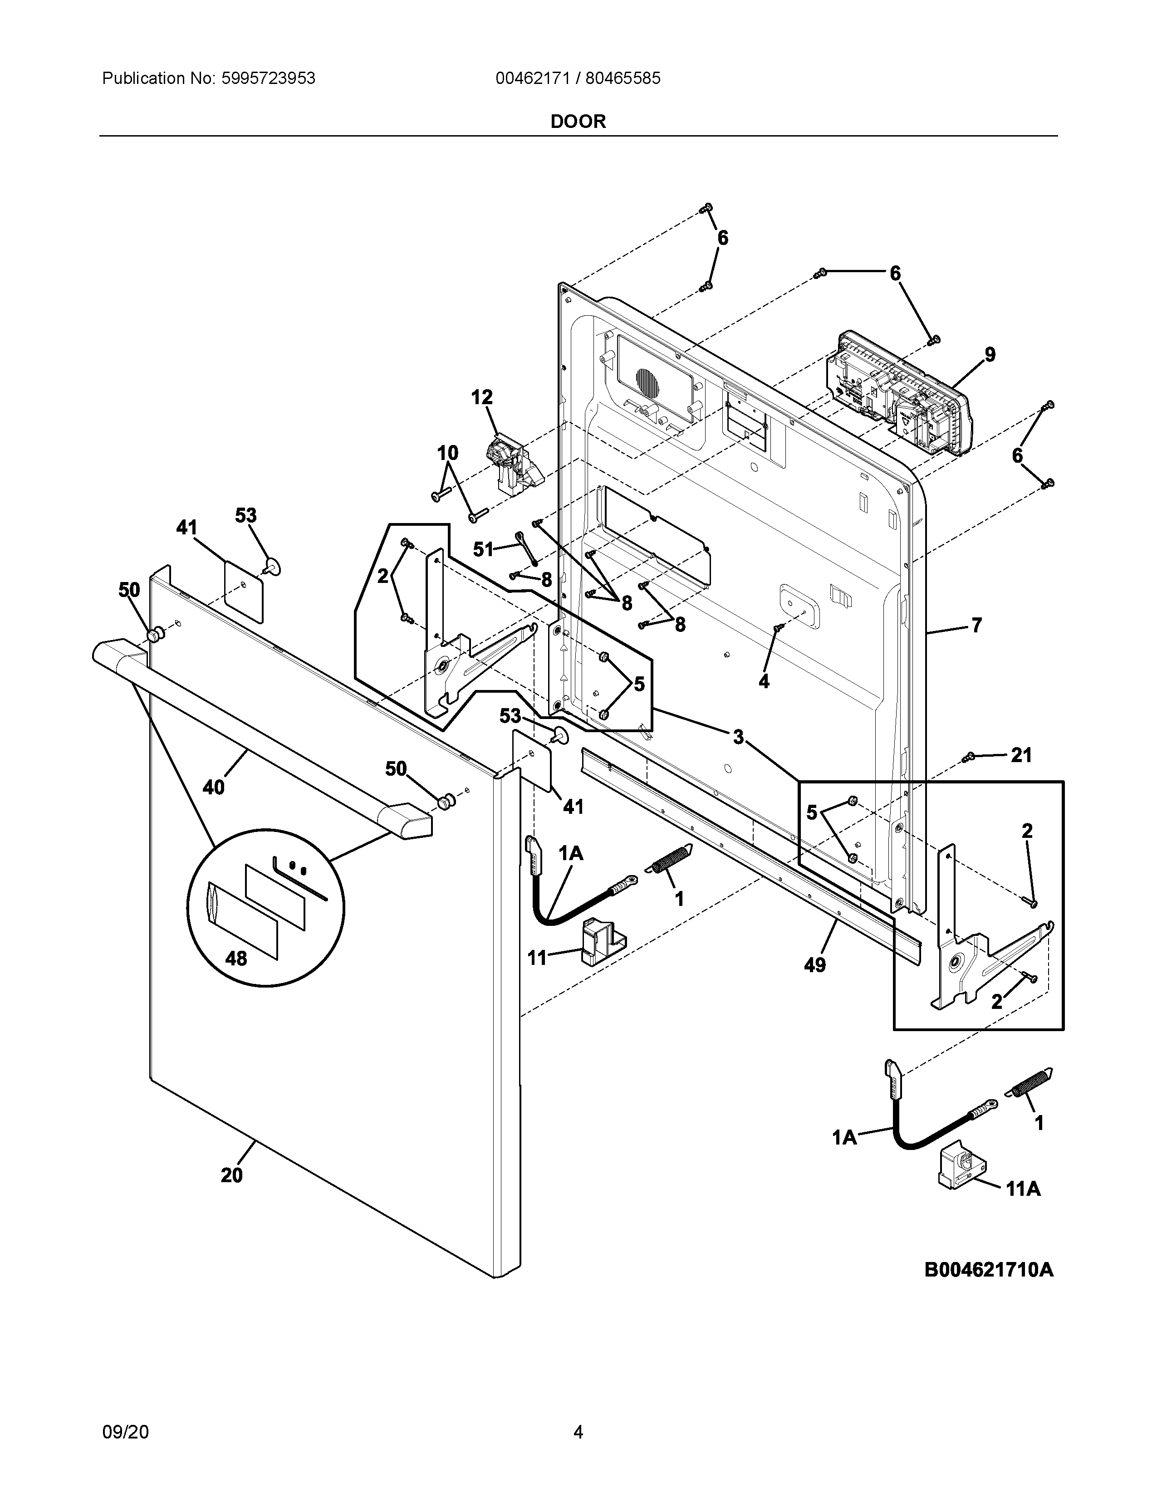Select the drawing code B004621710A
click(x=988, y=1270)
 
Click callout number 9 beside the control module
click(x=990, y=355)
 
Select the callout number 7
click(x=976, y=625)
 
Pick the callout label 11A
click(x=1023, y=1189)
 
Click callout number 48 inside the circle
click(x=236, y=958)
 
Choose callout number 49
click(x=814, y=965)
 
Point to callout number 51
click(x=483, y=549)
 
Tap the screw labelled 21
click(x=969, y=758)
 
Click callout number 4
click(x=764, y=681)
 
